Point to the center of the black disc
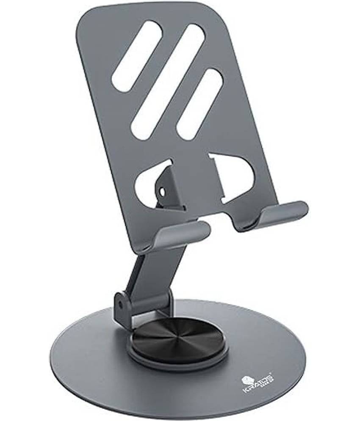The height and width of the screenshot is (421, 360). [x=178, y=338]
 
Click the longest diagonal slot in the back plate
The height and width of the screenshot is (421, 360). [x=168, y=81]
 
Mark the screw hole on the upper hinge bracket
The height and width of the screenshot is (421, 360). [x=162, y=192]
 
